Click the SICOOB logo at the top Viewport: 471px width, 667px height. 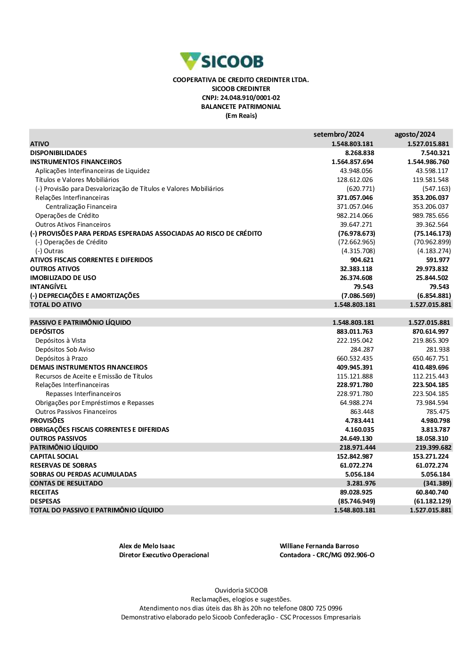pos(222,61)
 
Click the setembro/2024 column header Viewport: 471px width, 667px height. pos(339,134)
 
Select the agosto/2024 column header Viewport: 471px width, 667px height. pos(414,134)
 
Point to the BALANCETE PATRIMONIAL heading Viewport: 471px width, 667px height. pos(241,107)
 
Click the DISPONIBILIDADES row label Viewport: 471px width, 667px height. pos(58,153)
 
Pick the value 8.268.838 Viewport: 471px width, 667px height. pos(359,153)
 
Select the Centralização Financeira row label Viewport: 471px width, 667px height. pos(81,206)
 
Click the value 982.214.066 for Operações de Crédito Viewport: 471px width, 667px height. pos(355,215)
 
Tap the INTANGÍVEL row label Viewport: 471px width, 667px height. pos(49,287)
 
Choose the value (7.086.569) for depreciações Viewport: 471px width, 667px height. pos(358,296)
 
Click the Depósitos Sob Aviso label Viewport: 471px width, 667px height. pos(65,349)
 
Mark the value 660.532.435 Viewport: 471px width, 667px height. pos(355,358)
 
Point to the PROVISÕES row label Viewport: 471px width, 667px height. pos(47,420)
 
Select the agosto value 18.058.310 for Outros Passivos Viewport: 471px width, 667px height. pos(432,438)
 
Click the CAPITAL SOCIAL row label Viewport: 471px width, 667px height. pos(54,456)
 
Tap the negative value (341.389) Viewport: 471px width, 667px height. pos(437,483)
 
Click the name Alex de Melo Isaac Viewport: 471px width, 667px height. pos(147,546)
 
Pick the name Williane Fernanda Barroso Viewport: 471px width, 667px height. pos(319,546)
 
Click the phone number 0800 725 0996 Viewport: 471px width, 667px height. pos(321,608)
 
